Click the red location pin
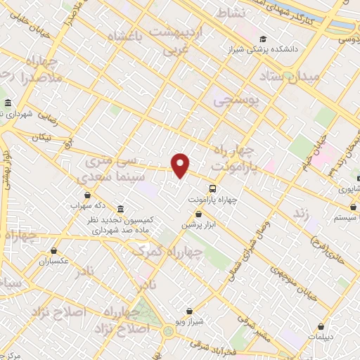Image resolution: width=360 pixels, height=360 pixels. (181, 165)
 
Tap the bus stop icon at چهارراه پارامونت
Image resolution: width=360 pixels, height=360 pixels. (212, 188)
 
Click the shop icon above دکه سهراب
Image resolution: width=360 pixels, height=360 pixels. (87, 195)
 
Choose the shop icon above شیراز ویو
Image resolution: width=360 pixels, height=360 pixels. (189, 310)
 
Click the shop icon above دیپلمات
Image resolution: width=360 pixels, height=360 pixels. (321, 326)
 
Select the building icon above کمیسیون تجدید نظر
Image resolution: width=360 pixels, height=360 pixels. (120, 210)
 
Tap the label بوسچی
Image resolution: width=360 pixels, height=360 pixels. (236, 101)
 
